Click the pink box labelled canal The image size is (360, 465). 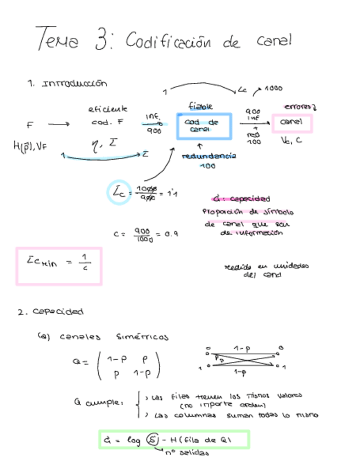coord(291,123)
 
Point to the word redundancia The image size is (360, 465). coord(209,156)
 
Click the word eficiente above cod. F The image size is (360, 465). coord(108,109)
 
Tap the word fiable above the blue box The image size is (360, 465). coord(200,106)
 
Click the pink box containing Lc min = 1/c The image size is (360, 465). coord(59,266)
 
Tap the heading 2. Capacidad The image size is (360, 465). coord(50,312)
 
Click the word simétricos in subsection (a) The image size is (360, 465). coord(143,336)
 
